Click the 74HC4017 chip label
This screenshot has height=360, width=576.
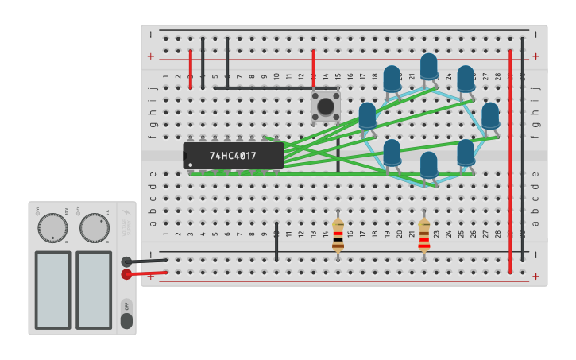click(233, 156)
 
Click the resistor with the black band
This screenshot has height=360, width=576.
click(338, 234)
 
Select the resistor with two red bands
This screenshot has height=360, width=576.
click(424, 234)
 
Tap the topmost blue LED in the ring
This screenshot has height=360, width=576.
click(429, 65)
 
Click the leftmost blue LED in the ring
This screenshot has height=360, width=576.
click(367, 115)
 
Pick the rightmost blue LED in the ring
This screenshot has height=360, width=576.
click(490, 115)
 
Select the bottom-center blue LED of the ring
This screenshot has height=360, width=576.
click(429, 165)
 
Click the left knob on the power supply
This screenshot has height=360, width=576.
click(52, 227)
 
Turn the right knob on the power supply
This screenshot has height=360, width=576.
click(94, 227)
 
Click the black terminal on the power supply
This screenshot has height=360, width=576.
click(126, 261)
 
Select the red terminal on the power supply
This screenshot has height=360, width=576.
click(126, 274)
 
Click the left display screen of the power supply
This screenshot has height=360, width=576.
click(52, 290)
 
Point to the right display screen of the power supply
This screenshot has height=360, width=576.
click(94, 290)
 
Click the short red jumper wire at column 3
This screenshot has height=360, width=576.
click(191, 69)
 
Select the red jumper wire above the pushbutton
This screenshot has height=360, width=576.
click(314, 69)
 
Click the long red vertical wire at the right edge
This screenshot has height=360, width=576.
click(510, 159)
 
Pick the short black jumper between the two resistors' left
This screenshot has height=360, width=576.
click(276, 242)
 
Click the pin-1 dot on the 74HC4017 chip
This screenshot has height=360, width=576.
click(189, 165)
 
